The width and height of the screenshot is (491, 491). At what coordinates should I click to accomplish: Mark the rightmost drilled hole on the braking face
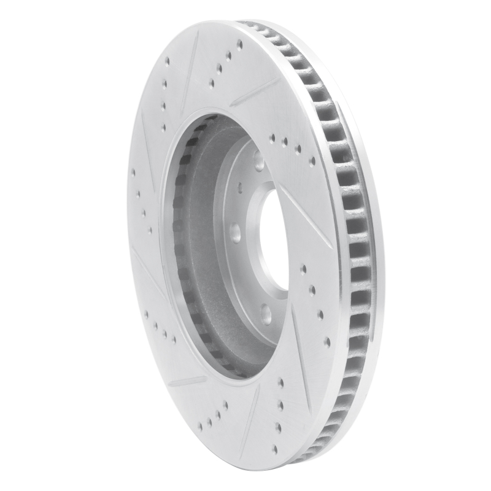coord(327,341)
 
